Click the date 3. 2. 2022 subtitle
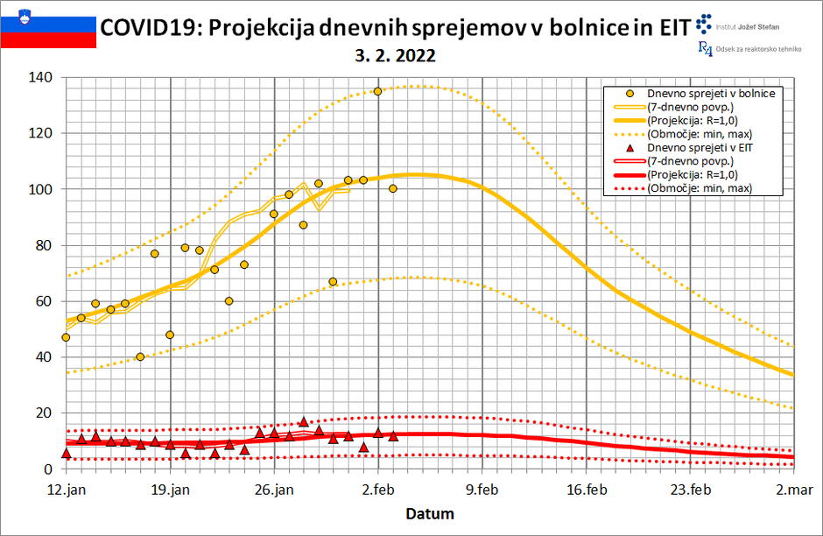pyautogui.click(x=397, y=55)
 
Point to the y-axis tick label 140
pyautogui.click(x=41, y=77)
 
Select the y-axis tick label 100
pyautogui.click(x=41, y=189)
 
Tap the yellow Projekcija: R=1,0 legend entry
pyautogui.click(x=691, y=120)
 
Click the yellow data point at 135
pyautogui.click(x=378, y=91)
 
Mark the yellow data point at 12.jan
pyautogui.click(x=66, y=337)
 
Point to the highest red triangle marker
pyautogui.click(x=304, y=422)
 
